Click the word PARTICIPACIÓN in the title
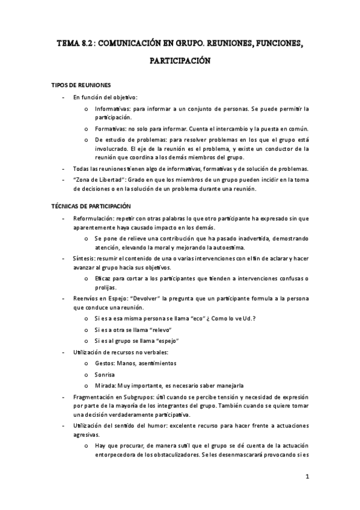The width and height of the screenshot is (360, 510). coord(180,61)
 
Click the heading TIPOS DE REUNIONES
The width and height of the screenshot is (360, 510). coord(80,85)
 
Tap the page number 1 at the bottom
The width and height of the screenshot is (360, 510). coord(307,478)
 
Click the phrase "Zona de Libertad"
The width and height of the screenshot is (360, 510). coord(96,180)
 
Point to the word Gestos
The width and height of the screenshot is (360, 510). coord(106,363)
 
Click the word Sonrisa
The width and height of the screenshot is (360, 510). coord(106,375)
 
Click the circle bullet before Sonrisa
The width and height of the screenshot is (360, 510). coord(87,375)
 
